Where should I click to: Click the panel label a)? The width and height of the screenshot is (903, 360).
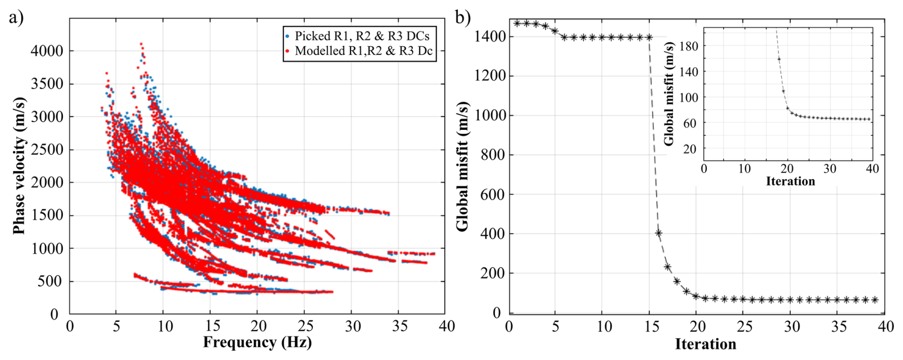[16, 18]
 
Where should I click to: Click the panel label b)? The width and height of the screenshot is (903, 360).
[462, 18]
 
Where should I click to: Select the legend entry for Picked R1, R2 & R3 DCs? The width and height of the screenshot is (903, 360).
[362, 36]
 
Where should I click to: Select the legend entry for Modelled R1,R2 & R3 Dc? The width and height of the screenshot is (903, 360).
[363, 51]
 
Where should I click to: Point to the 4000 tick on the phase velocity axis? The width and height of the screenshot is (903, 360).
[47, 51]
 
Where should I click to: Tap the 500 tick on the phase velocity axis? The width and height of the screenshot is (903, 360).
[50, 281]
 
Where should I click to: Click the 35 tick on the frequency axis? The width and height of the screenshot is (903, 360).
[400, 326]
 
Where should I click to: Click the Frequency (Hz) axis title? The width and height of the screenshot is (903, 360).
[257, 342]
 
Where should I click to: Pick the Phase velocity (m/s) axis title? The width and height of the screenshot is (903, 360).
[19, 166]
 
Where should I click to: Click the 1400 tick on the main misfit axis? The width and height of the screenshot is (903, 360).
[490, 36]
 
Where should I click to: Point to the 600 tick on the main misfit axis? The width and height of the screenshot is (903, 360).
[493, 194]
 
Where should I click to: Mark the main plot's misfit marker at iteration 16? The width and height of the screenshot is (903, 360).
[659, 233]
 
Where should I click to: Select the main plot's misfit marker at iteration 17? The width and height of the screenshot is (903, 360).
[668, 267]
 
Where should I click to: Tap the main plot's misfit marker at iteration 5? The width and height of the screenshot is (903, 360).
[555, 31]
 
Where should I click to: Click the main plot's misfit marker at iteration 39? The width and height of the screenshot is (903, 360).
[875, 300]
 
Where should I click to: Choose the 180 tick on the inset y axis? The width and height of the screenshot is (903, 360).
[689, 46]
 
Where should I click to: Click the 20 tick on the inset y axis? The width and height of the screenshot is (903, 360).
[690, 149]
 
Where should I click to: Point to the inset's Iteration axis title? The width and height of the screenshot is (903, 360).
[790, 181]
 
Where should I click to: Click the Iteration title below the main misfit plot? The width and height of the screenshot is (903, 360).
[705, 344]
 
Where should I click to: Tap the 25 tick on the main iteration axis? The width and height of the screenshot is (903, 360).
[744, 327]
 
